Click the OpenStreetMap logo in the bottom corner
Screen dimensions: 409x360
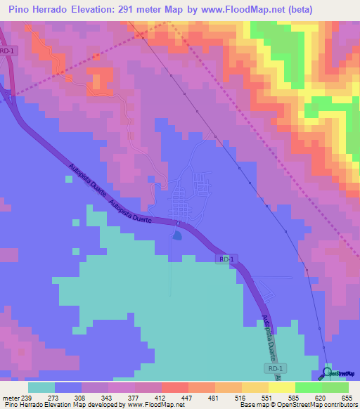(x=340, y=373)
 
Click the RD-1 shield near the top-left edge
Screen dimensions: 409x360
(x=7, y=51)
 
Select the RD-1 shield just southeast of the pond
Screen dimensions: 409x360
(x=225, y=259)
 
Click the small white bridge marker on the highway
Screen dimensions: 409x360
(x=178, y=224)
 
